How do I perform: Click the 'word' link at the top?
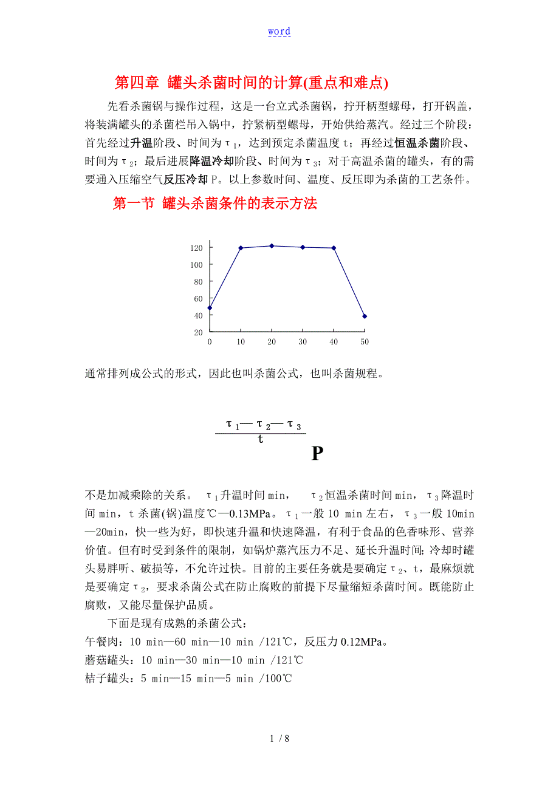coord(279,32)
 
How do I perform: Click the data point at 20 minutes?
coord(272,245)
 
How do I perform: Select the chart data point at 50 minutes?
coord(365,317)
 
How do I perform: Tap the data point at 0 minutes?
coord(210,308)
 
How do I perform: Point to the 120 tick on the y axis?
coord(196,248)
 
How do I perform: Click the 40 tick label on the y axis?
coord(198,316)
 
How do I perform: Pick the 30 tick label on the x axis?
coord(302,342)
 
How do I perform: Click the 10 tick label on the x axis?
coord(241,342)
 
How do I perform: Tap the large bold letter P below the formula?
coord(317,454)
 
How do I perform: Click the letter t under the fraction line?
coord(260,439)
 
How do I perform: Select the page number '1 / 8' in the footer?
coord(279,739)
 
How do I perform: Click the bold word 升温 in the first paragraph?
coord(141,144)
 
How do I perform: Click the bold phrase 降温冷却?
coord(210,162)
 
